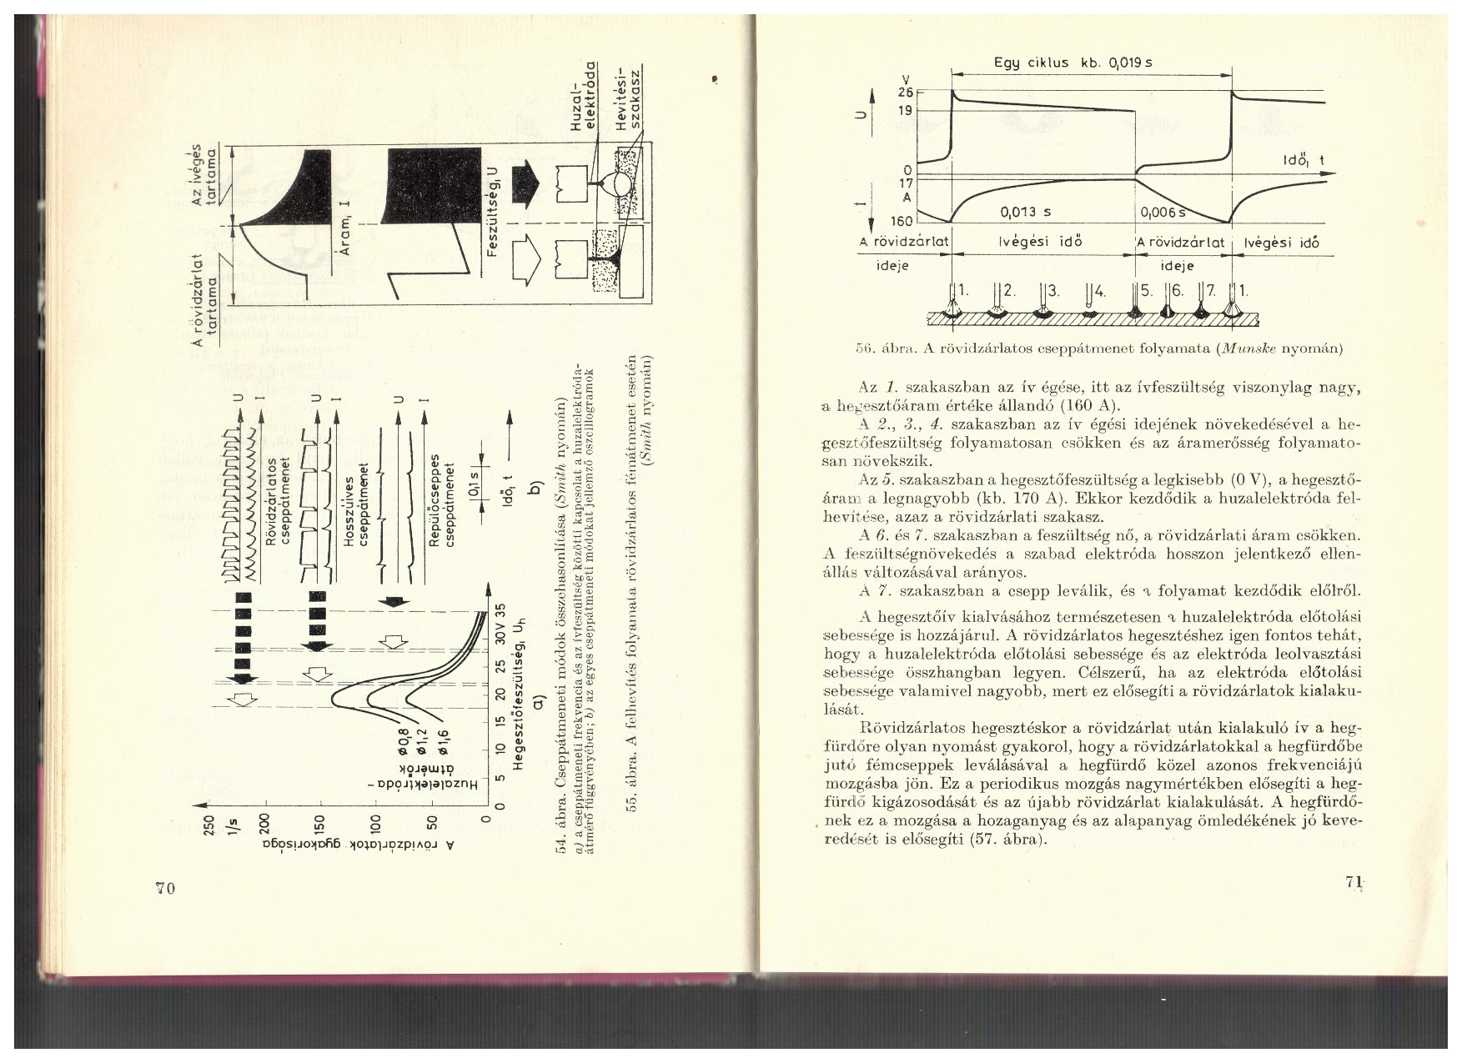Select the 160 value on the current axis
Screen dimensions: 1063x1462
tap(903, 222)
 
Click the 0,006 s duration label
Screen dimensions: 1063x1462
tap(1163, 213)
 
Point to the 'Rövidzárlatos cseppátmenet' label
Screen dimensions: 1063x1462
tap(278, 500)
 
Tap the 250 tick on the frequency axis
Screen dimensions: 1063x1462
tap(208, 824)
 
